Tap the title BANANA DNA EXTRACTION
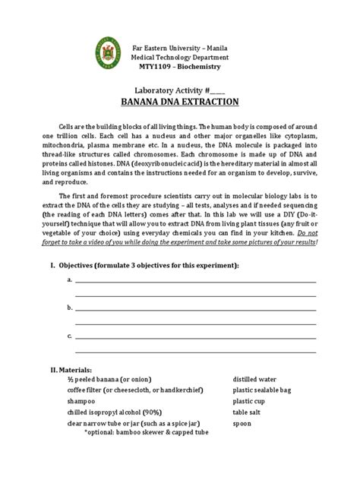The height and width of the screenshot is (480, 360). (x=179, y=101)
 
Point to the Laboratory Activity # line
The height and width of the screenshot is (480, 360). (x=179, y=88)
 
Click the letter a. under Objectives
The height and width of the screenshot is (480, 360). (x=70, y=280)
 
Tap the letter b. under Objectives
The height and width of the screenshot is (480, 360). (x=70, y=308)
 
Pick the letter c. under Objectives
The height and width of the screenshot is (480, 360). (x=70, y=335)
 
